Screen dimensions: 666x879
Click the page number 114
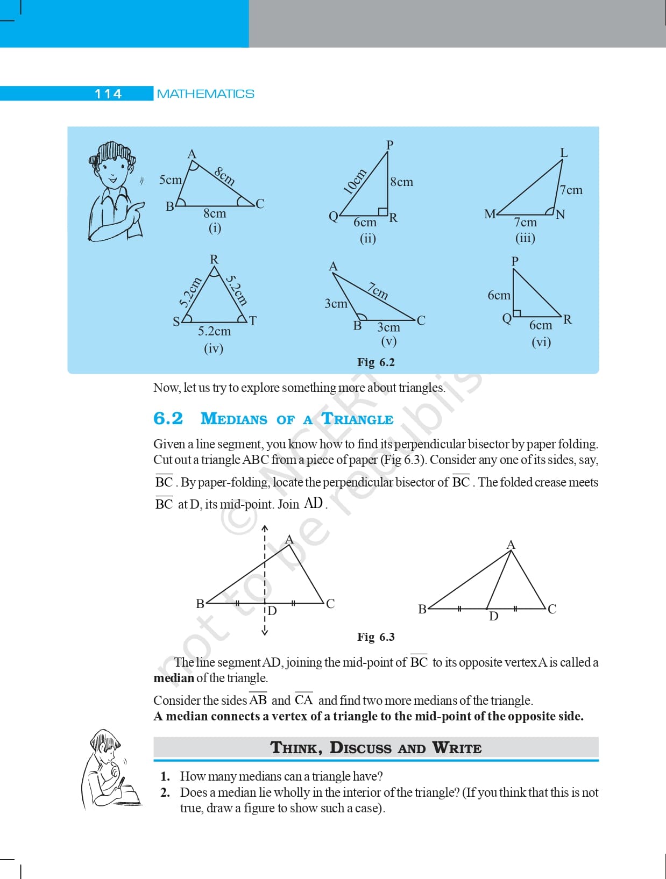click(x=108, y=94)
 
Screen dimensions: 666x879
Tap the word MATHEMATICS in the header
click(x=206, y=94)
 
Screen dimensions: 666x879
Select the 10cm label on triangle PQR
click(x=355, y=181)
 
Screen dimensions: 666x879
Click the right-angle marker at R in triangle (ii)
click(x=382, y=212)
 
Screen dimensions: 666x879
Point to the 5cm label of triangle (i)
click(x=171, y=180)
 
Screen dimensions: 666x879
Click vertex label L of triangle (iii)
click(x=564, y=153)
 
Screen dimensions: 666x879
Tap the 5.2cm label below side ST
click(x=215, y=331)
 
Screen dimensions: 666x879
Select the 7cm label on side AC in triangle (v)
click(x=378, y=291)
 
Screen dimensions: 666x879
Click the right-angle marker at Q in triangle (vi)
click(x=517, y=313)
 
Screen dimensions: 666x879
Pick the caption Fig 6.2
click(x=376, y=362)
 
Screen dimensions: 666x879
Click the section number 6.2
click(x=168, y=418)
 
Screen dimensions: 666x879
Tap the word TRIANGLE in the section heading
click(x=358, y=419)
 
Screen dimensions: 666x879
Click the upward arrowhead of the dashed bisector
click(x=265, y=528)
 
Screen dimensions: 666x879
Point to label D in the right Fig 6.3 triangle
click(x=494, y=616)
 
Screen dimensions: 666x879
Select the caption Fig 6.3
click(x=376, y=637)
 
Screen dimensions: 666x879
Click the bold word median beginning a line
click(x=174, y=678)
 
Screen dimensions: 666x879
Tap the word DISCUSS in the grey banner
click(x=360, y=748)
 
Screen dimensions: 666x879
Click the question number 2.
click(x=165, y=792)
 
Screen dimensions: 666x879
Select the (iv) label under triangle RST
click(x=214, y=349)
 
